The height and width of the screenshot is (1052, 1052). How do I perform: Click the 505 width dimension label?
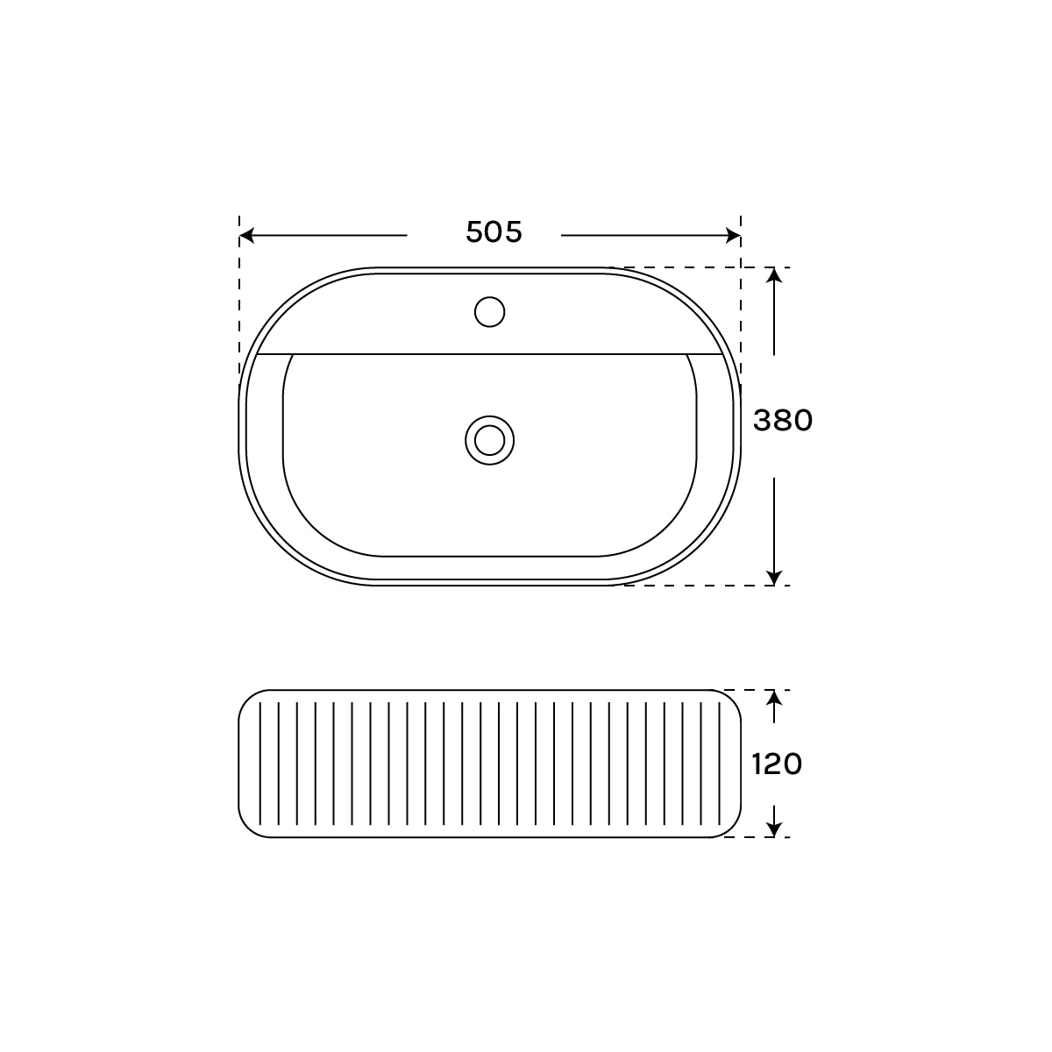tap(494, 232)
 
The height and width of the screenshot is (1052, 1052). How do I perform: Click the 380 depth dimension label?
tap(783, 421)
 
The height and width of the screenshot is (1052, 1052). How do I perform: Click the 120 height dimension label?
tap(777, 764)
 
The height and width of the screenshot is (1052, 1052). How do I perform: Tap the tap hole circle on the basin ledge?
tap(489, 311)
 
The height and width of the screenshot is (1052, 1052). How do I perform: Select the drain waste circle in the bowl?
tap(489, 439)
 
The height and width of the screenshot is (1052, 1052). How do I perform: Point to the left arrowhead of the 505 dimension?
tap(246, 235)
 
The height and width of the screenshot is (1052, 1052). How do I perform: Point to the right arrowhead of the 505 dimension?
tap(734, 235)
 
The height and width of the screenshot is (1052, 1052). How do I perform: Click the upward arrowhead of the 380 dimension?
tap(773, 274)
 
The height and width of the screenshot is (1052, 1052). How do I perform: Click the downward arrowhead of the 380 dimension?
tap(773, 577)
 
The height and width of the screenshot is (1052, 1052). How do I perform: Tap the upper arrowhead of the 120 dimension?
tap(773, 698)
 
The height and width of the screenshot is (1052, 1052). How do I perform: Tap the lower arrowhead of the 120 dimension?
tap(773, 829)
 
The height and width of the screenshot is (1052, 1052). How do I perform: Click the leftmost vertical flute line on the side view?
tap(260, 764)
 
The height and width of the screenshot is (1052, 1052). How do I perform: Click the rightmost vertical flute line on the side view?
tap(720, 764)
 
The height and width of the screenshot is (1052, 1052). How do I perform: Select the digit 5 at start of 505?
tap(473, 232)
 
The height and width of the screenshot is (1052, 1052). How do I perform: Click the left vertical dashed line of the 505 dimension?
tap(239, 298)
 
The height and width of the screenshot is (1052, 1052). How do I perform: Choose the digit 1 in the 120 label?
tap(757, 764)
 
